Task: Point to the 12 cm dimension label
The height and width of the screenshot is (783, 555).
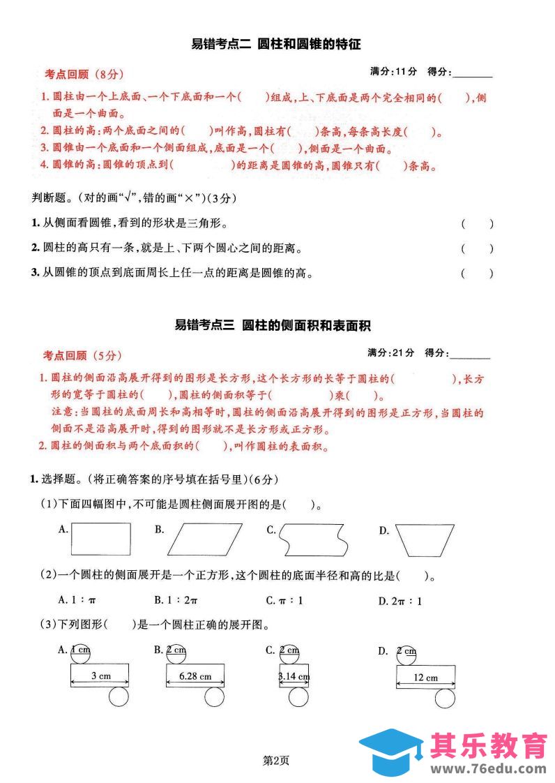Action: (425, 677)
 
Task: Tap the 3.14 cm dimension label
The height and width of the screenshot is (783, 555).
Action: (294, 676)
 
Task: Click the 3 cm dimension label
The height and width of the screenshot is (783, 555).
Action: (100, 676)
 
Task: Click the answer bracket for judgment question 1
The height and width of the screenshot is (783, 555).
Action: (477, 224)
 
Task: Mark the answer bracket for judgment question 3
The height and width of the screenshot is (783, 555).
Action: (477, 274)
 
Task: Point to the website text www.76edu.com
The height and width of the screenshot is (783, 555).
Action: (488, 768)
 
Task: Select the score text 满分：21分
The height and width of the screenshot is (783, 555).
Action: (391, 352)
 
